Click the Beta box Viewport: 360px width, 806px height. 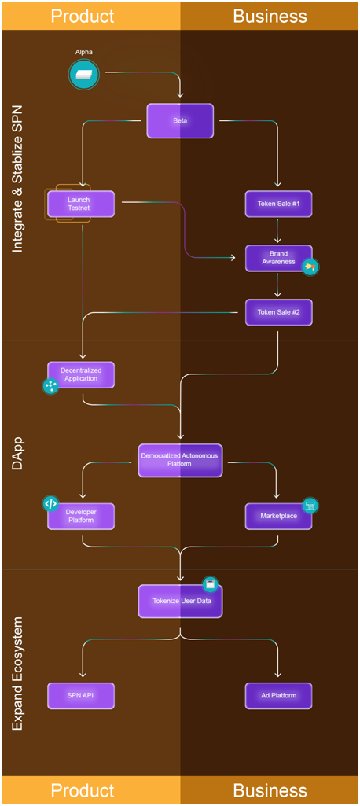[180, 121]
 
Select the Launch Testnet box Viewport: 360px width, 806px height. [81, 204]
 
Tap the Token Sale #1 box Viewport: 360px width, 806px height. [278, 204]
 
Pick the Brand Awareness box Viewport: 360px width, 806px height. [278, 258]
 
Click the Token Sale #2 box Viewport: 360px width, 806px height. [278, 312]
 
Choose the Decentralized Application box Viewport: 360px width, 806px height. [81, 375]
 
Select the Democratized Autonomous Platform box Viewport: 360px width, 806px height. [180, 460]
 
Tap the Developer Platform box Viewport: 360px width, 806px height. [81, 516]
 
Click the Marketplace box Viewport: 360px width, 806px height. [278, 516]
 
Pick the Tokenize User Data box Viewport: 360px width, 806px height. [180, 601]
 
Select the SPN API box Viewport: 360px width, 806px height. [81, 695]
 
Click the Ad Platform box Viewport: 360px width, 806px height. [278, 695]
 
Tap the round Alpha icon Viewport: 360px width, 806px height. [83, 74]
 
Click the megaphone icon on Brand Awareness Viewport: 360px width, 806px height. [310, 267]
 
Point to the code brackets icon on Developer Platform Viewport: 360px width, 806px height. [50, 504]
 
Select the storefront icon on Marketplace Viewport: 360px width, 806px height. [310, 506]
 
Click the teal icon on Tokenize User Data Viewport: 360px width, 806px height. [210, 584]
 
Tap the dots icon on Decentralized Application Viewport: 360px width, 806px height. [50, 386]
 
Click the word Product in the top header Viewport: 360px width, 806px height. [83, 16]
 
